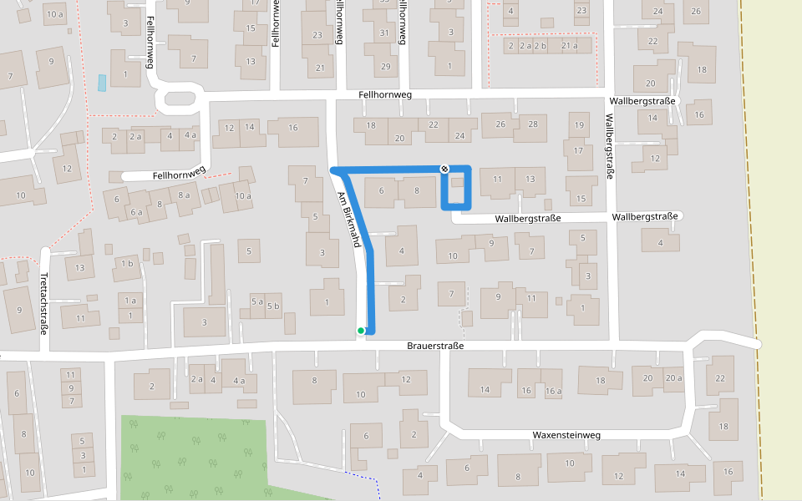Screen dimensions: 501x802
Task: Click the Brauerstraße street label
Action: click(x=435, y=346)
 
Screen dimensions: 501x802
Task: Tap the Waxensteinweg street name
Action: click(x=566, y=435)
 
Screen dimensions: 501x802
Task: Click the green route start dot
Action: click(x=361, y=331)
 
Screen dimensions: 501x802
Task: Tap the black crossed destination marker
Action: click(x=444, y=169)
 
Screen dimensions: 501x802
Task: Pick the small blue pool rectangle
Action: click(x=102, y=83)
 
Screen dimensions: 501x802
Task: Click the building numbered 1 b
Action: click(x=127, y=264)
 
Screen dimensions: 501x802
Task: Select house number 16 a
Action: click(x=553, y=391)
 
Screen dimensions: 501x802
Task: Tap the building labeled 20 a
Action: click(x=673, y=378)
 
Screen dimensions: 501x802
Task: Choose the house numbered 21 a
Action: click(x=569, y=46)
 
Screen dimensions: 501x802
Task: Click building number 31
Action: click(x=384, y=33)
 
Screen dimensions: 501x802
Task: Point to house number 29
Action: click(x=384, y=67)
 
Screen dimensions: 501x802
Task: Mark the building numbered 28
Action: click(x=532, y=124)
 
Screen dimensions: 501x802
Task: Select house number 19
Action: click(x=578, y=125)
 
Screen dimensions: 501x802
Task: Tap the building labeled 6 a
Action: click(x=136, y=213)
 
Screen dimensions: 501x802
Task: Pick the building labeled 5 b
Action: click(x=273, y=306)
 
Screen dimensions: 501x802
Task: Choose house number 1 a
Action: click(x=130, y=301)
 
